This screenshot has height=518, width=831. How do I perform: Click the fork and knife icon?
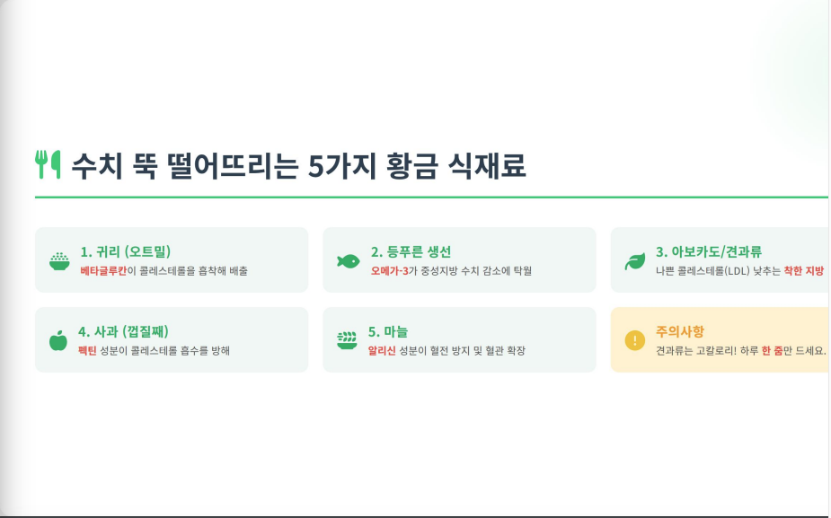(48, 164)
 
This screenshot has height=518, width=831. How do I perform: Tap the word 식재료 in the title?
(487, 165)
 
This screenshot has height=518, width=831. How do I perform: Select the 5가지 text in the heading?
(342, 165)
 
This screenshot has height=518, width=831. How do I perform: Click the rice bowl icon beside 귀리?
(59, 261)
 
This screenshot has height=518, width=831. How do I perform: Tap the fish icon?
(349, 261)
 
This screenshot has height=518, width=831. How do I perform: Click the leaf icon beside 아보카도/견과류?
(635, 261)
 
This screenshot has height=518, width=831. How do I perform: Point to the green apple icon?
(58, 340)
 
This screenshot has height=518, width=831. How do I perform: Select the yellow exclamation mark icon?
(635, 340)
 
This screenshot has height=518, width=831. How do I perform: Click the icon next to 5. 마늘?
(347, 340)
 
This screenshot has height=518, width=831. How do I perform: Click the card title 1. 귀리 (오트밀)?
(126, 251)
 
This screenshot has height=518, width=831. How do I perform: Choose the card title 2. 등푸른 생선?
(411, 251)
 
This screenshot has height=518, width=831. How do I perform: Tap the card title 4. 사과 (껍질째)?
(123, 331)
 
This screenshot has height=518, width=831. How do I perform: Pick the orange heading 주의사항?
(680, 331)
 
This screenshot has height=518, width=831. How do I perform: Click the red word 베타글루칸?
(103, 270)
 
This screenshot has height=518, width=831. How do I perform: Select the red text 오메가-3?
(390, 270)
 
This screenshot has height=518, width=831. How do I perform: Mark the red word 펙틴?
(87, 351)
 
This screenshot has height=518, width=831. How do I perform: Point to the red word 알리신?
(382, 351)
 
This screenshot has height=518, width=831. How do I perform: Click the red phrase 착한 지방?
(804, 270)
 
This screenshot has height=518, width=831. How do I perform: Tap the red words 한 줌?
(773, 351)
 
